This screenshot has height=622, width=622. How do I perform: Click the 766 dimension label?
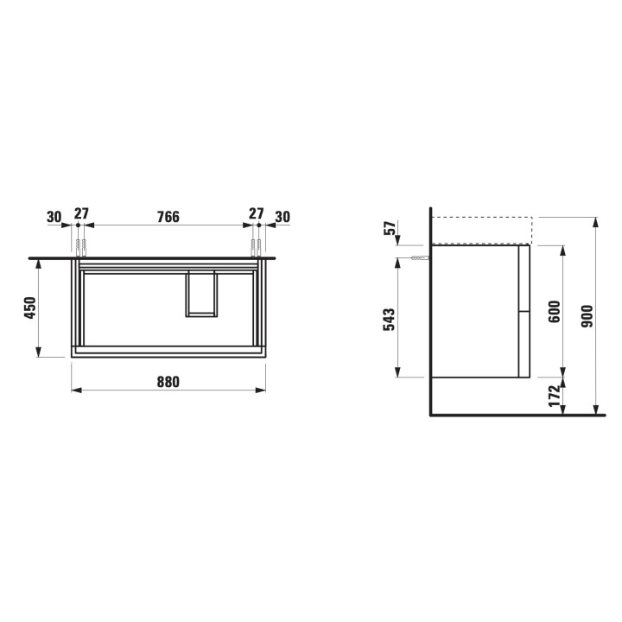click(x=168, y=217)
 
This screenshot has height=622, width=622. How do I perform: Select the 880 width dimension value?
click(x=168, y=382)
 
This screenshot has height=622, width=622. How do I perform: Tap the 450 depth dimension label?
click(x=30, y=308)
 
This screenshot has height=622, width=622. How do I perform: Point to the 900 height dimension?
click(x=587, y=316)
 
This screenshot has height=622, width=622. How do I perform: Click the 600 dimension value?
click(x=555, y=312)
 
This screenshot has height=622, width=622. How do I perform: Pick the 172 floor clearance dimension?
click(x=554, y=396)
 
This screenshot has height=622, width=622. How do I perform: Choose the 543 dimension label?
click(x=389, y=320)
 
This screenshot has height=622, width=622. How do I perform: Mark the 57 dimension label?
click(x=390, y=228)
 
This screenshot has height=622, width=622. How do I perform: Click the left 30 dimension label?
click(x=54, y=217)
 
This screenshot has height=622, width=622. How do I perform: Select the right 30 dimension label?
click(x=282, y=217)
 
